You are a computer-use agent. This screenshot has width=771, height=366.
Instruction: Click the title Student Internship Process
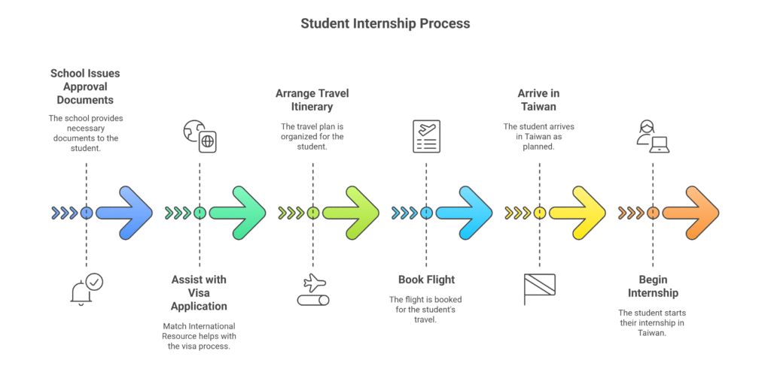point(385,23)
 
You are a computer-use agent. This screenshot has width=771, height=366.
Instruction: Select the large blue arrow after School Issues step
point(124,213)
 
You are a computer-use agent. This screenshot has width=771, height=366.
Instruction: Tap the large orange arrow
point(691,213)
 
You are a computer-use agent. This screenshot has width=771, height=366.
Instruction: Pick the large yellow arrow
point(577,213)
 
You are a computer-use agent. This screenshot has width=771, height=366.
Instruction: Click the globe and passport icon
point(200,137)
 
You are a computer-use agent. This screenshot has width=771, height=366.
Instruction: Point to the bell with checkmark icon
point(87,290)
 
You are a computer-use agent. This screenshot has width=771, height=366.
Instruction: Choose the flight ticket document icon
point(426,136)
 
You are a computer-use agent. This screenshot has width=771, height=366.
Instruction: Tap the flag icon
point(539,289)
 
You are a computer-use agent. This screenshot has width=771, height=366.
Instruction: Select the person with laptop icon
point(653,137)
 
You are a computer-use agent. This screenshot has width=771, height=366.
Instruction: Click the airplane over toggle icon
point(313,290)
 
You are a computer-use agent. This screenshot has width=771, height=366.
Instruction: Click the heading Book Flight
point(426,280)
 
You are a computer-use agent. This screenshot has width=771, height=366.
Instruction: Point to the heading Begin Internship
point(653,286)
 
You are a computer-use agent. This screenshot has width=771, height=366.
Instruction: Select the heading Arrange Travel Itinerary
point(312,100)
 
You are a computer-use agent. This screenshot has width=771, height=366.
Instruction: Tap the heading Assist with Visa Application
point(199,293)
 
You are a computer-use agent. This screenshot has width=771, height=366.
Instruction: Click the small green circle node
point(200,213)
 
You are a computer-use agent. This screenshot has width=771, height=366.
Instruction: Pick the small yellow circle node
point(540,213)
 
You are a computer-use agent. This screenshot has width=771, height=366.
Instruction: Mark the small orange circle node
point(653,213)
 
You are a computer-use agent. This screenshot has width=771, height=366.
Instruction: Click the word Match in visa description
point(173,326)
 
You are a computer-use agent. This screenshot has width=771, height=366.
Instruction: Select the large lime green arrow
point(351,213)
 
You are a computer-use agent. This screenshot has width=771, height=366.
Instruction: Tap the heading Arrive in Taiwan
point(539,100)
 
